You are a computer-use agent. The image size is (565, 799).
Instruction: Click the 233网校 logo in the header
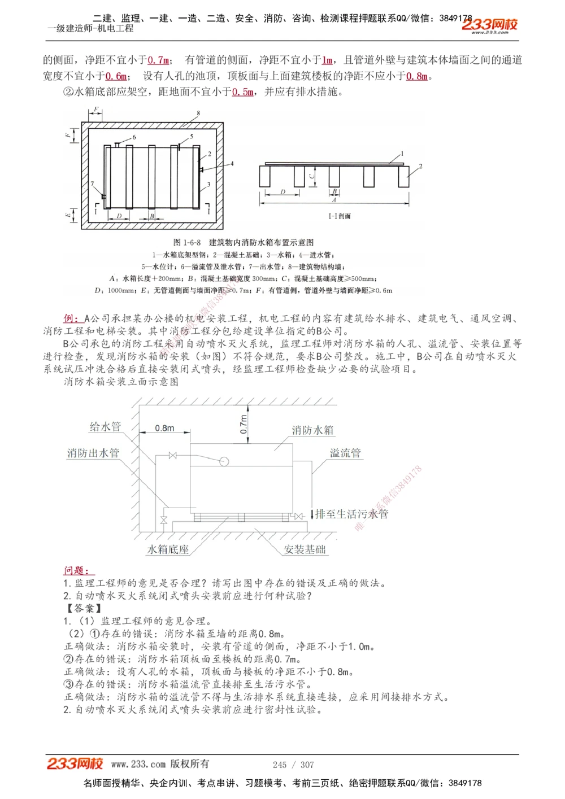point(489,25)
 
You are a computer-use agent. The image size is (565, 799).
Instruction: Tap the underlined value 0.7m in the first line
point(158,60)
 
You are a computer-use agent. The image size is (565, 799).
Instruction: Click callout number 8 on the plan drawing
point(198,113)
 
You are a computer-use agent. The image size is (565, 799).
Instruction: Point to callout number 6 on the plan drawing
point(134,137)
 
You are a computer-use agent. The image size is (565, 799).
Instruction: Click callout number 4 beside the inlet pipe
point(232,164)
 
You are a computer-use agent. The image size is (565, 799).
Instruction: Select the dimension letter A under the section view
point(334,200)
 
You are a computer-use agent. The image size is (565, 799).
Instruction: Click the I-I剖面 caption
point(340,216)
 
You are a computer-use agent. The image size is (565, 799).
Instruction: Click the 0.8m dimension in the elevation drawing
point(165,428)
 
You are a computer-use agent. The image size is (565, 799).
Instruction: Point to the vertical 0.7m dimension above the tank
point(244,423)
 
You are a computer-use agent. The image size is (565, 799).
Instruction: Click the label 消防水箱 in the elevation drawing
point(312,430)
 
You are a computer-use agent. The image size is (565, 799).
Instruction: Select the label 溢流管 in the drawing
point(345,453)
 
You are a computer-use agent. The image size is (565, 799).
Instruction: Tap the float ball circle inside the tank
point(224,461)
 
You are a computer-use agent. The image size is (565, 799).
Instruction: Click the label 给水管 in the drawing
point(105,427)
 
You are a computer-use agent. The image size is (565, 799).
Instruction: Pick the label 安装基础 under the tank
point(305,549)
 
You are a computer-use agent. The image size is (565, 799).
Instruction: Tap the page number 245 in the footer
point(279,765)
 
